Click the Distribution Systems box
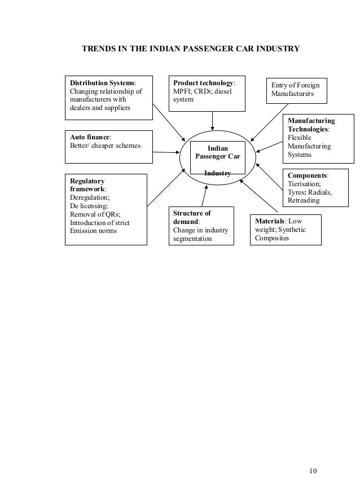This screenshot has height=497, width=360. [109, 96]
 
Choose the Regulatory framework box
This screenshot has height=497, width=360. [106, 209]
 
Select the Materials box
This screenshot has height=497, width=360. [285, 230]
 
